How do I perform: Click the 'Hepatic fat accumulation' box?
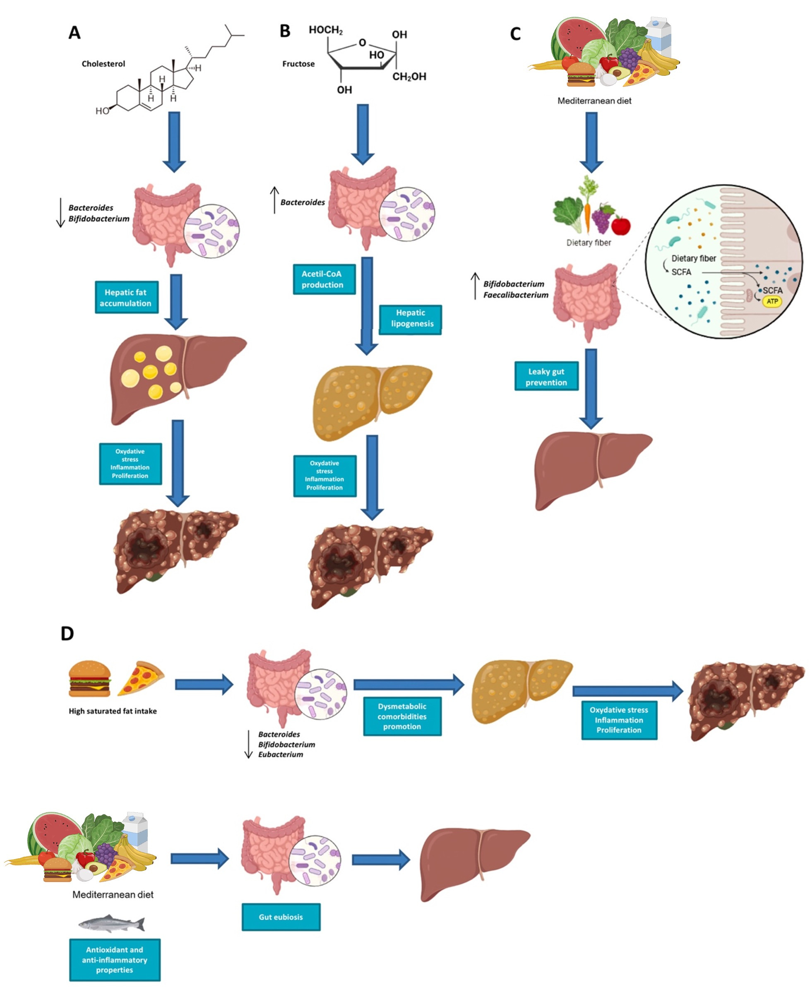(126, 297)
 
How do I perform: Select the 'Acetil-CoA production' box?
(324, 279)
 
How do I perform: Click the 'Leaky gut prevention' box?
(546, 376)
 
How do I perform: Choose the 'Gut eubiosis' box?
(281, 916)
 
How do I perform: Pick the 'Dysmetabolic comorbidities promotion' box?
(402, 716)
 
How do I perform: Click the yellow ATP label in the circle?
(772, 301)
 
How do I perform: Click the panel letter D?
(67, 634)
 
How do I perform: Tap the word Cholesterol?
(103, 64)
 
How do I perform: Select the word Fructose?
(298, 64)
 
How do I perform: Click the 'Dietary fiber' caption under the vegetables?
(589, 243)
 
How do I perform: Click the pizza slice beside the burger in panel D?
(141, 677)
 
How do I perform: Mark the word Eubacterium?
(281, 754)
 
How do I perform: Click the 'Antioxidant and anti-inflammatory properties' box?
(115, 959)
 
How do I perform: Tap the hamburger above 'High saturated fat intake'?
(89, 678)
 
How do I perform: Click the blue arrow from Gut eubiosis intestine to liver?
(380, 860)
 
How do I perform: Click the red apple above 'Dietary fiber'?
(620, 226)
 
